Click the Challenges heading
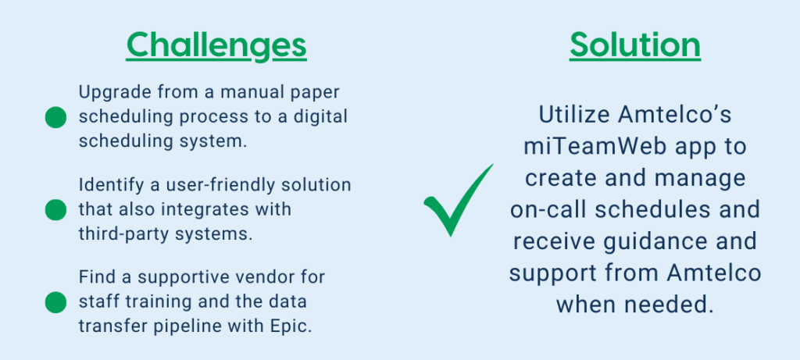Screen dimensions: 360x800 (x=216, y=46)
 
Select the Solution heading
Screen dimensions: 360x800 (x=634, y=46)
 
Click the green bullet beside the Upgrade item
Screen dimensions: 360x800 (x=55, y=117)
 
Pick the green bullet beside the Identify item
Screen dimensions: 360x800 (x=55, y=210)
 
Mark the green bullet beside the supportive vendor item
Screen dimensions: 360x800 (x=55, y=302)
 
